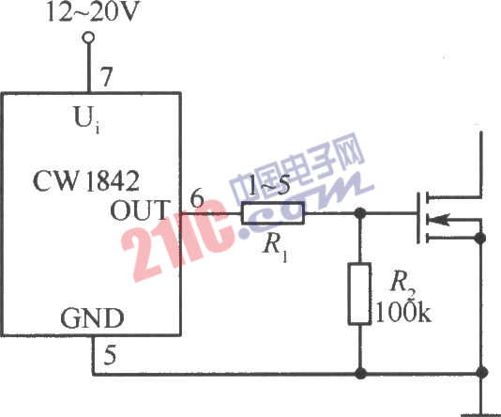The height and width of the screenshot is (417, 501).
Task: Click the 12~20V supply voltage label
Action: [x=93, y=12]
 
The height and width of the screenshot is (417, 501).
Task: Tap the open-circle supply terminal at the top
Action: [x=88, y=38]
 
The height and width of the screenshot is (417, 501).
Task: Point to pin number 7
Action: [x=106, y=76]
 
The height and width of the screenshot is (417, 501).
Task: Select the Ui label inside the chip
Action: [x=86, y=120]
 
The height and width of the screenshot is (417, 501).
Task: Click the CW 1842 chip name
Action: [x=86, y=181]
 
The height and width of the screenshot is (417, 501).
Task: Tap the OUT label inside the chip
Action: [x=139, y=209]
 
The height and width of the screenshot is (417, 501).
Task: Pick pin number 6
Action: [x=197, y=197]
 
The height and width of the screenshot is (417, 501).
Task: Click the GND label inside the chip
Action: [x=92, y=317]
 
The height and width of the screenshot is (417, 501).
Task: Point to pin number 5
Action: [x=110, y=355]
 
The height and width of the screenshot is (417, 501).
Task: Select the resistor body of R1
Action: [x=272, y=213]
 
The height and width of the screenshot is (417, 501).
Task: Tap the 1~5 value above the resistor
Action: [x=268, y=187]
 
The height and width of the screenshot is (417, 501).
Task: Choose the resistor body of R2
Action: [x=360, y=294]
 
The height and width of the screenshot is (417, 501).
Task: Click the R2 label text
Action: [x=403, y=284]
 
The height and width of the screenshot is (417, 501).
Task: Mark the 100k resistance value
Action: [x=403, y=312]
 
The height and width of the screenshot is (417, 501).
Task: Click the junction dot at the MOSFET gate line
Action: [x=360, y=213]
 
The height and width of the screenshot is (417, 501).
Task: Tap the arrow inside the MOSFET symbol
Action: [x=438, y=220]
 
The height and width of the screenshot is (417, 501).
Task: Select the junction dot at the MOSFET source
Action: [x=480, y=239]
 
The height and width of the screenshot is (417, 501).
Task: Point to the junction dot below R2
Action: [x=360, y=373]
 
